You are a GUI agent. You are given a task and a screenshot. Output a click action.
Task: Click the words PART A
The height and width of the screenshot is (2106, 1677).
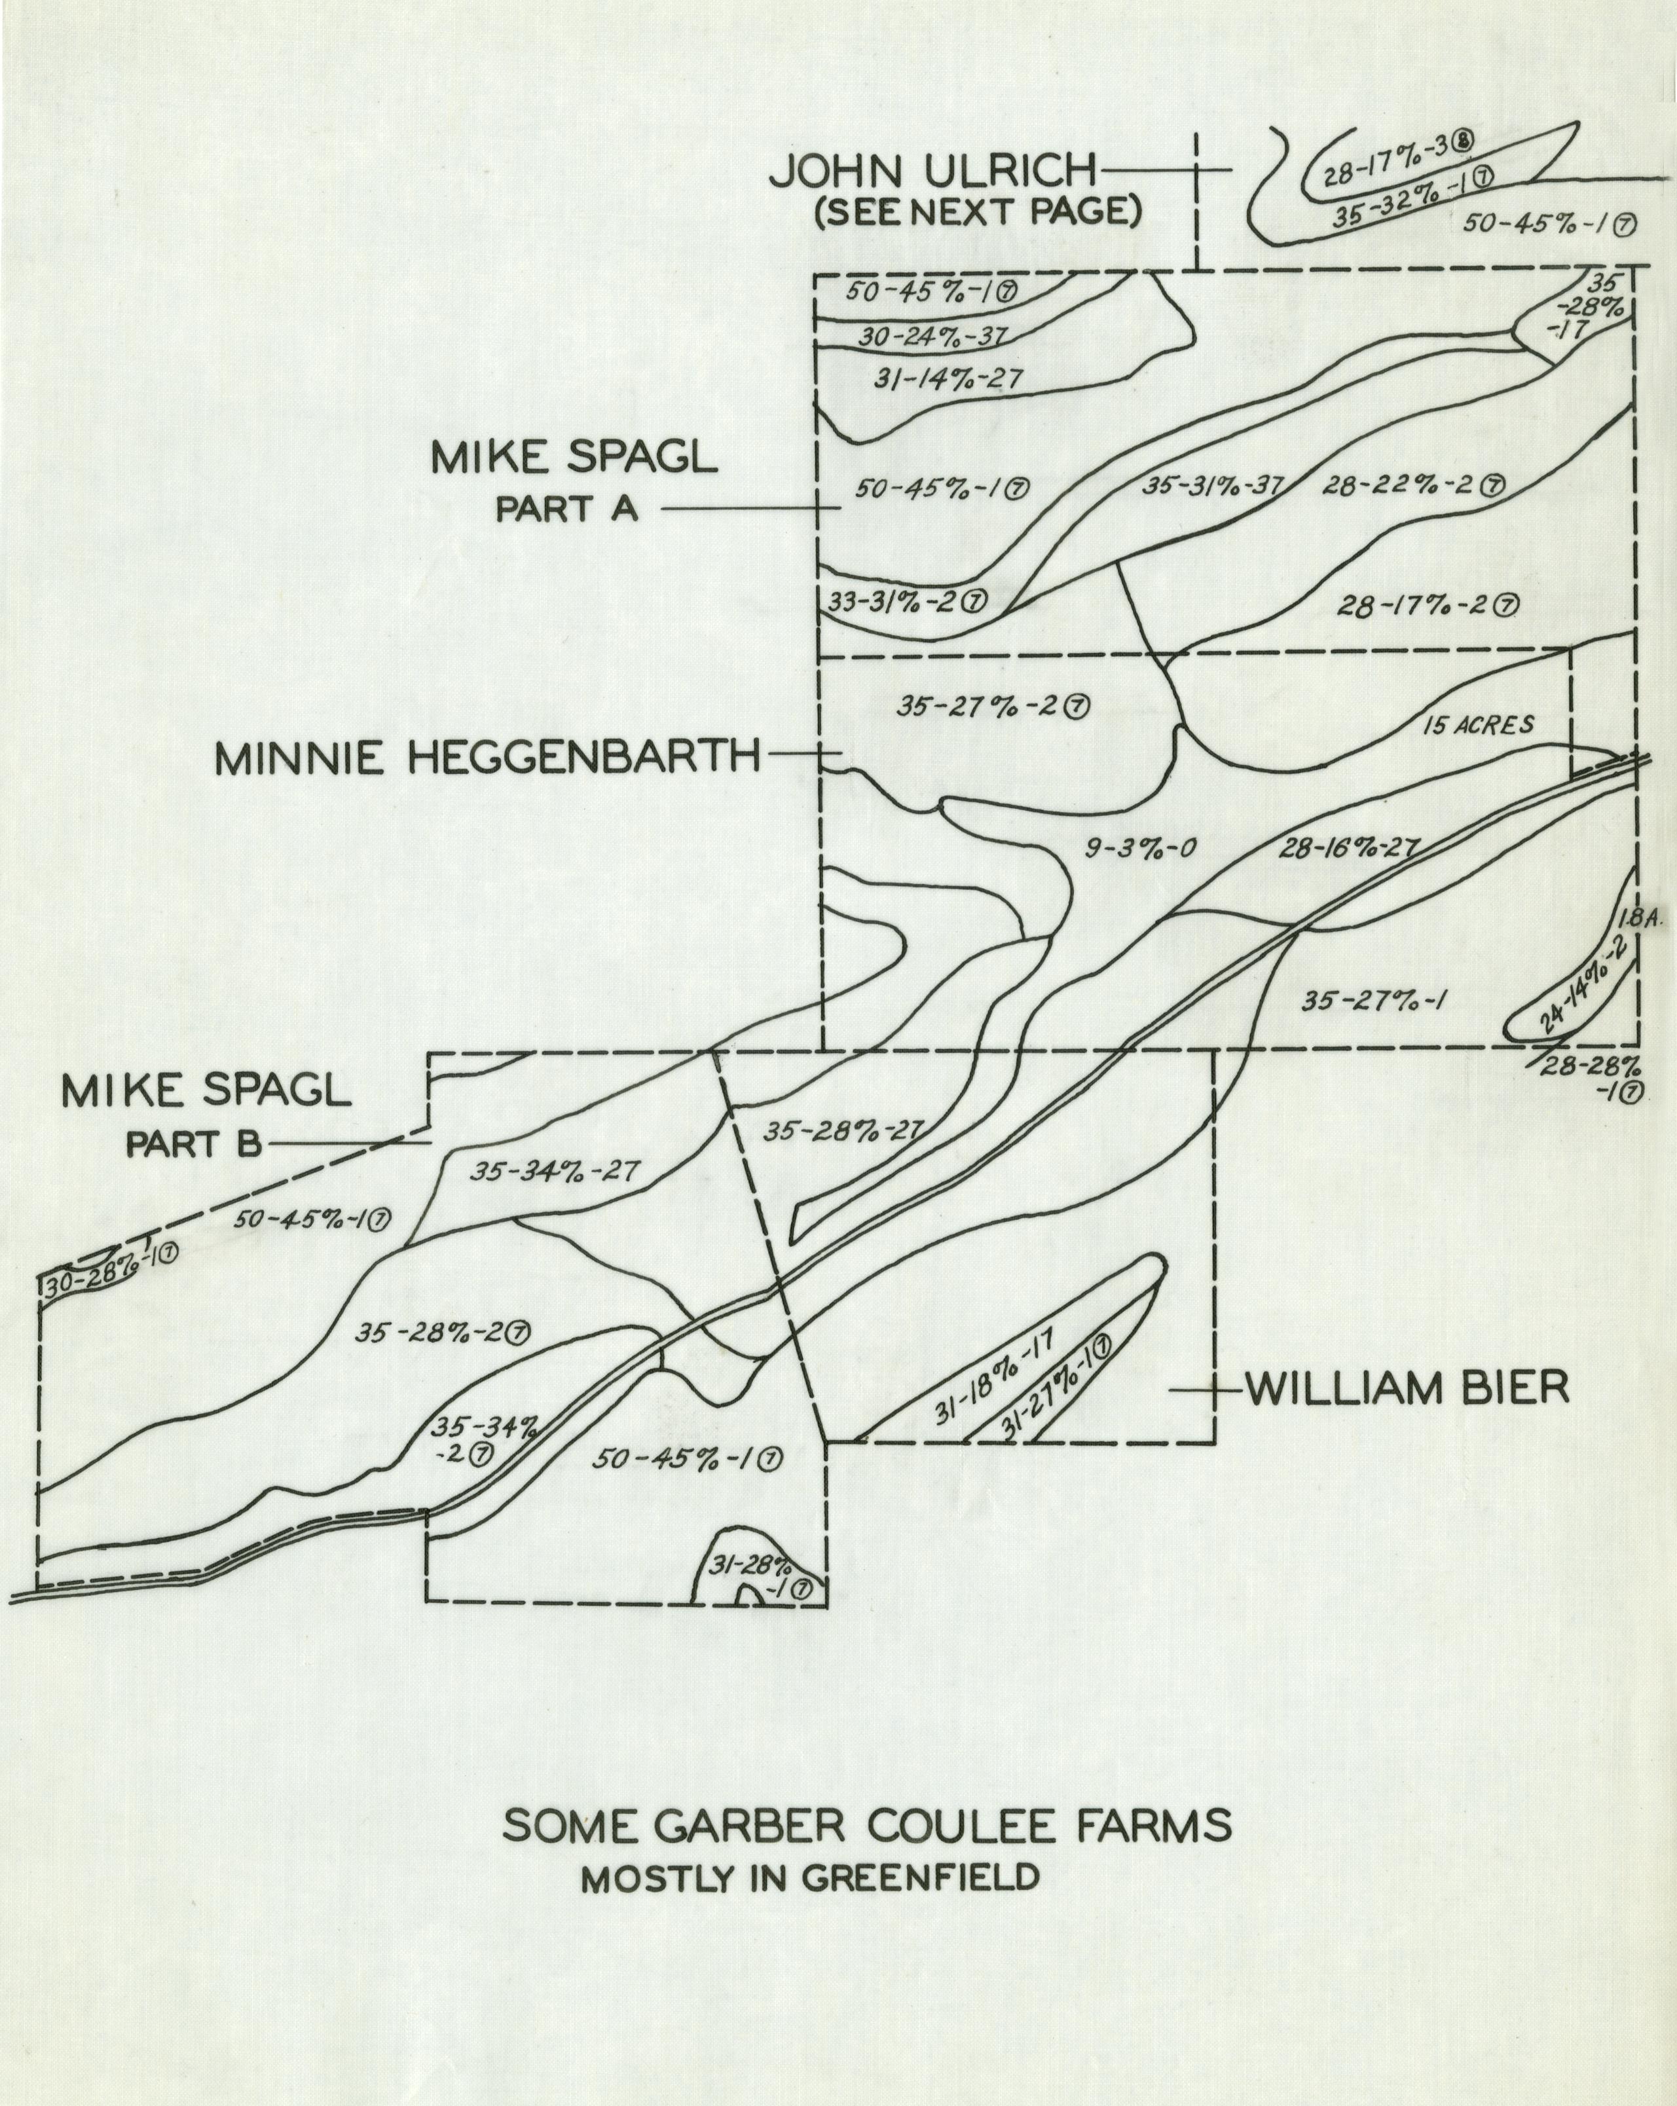click(x=566, y=509)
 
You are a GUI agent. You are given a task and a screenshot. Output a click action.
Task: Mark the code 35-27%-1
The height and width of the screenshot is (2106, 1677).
click(x=1373, y=1000)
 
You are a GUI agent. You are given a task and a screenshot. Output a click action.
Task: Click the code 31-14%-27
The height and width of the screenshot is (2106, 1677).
click(x=948, y=380)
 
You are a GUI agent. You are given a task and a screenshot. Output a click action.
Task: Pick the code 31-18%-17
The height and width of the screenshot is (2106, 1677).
click(x=992, y=1376)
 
